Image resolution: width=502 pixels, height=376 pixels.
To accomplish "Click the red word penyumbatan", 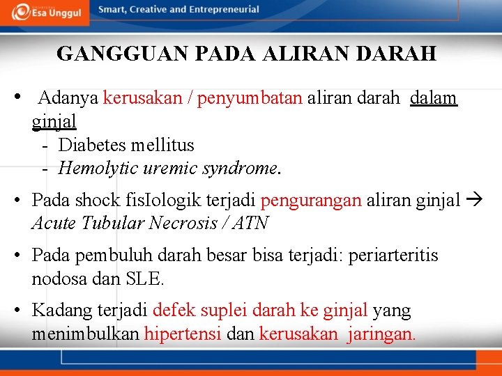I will (250, 98).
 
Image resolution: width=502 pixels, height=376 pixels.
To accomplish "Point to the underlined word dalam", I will (434, 98).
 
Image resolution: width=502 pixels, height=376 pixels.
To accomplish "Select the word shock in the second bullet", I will (98, 201).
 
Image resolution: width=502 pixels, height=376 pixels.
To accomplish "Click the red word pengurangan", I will (310, 201).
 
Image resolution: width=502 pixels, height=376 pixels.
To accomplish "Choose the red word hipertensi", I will (183, 334).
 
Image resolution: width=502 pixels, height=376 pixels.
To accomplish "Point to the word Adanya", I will (68, 98).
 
